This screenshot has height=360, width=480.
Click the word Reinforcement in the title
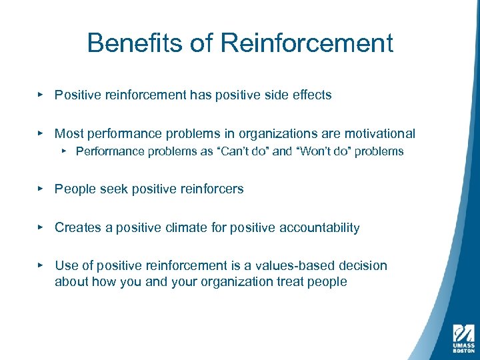coord(306,43)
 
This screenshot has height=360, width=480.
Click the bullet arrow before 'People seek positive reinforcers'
coord(41,189)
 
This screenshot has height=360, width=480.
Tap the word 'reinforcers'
coord(211,189)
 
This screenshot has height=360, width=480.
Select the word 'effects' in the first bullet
coord(312,95)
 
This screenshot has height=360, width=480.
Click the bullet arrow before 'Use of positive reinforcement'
coord(41,265)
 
